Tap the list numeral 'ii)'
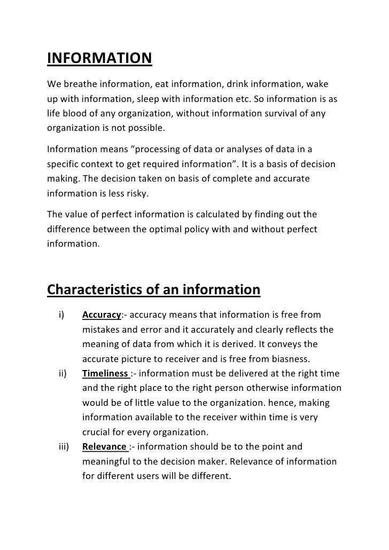click(61, 373)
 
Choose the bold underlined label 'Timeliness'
click(105, 373)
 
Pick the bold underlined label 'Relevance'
click(104, 446)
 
